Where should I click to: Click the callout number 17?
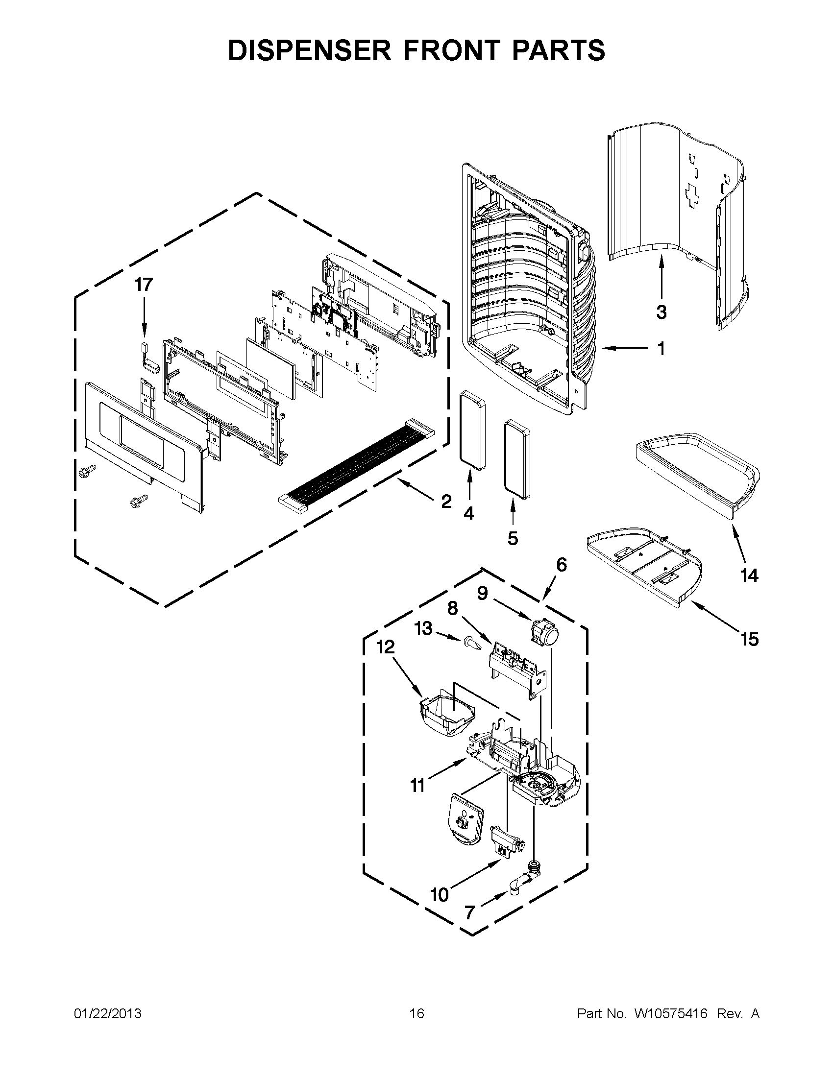(x=144, y=285)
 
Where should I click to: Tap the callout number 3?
(x=661, y=312)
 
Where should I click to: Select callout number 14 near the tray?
(x=749, y=575)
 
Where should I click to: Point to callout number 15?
(x=749, y=640)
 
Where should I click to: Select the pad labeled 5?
(x=516, y=459)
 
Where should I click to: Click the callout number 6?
(x=562, y=565)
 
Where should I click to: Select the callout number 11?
(x=418, y=785)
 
